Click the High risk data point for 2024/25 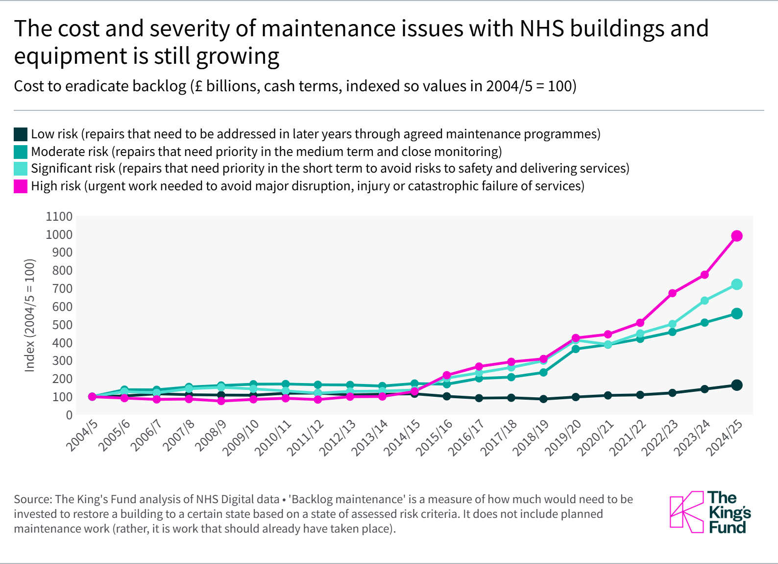point(736,236)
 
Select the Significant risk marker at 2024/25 point(736,284)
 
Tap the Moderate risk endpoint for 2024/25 point(736,313)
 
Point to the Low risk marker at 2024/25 point(736,385)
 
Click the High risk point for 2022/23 point(672,293)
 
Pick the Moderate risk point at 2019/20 point(576,349)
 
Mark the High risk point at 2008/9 point(221,401)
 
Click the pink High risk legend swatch point(21,186)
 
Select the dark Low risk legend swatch point(21,134)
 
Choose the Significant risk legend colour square point(21,169)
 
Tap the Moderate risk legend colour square point(21,152)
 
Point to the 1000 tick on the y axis point(59,234)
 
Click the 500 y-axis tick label point(62,325)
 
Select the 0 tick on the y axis point(69,415)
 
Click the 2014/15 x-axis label point(402,438)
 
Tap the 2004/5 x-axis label point(82,436)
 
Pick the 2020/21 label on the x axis point(595,438)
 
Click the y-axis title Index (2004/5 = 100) point(30,315)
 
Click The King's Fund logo point(710,512)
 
